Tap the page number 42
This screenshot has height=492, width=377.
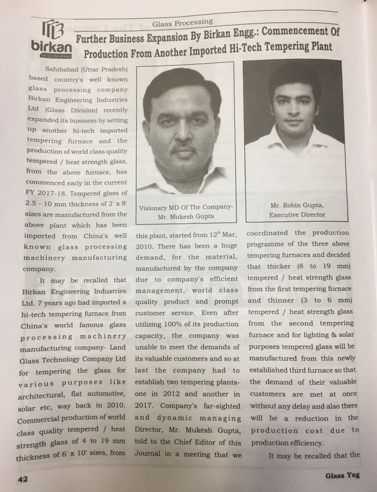pos(22,479)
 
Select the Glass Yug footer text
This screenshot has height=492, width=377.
pos(342,475)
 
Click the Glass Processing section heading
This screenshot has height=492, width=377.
pos(182,23)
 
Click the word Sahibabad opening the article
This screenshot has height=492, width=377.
pos(61,70)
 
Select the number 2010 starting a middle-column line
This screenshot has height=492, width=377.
pos(143,246)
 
